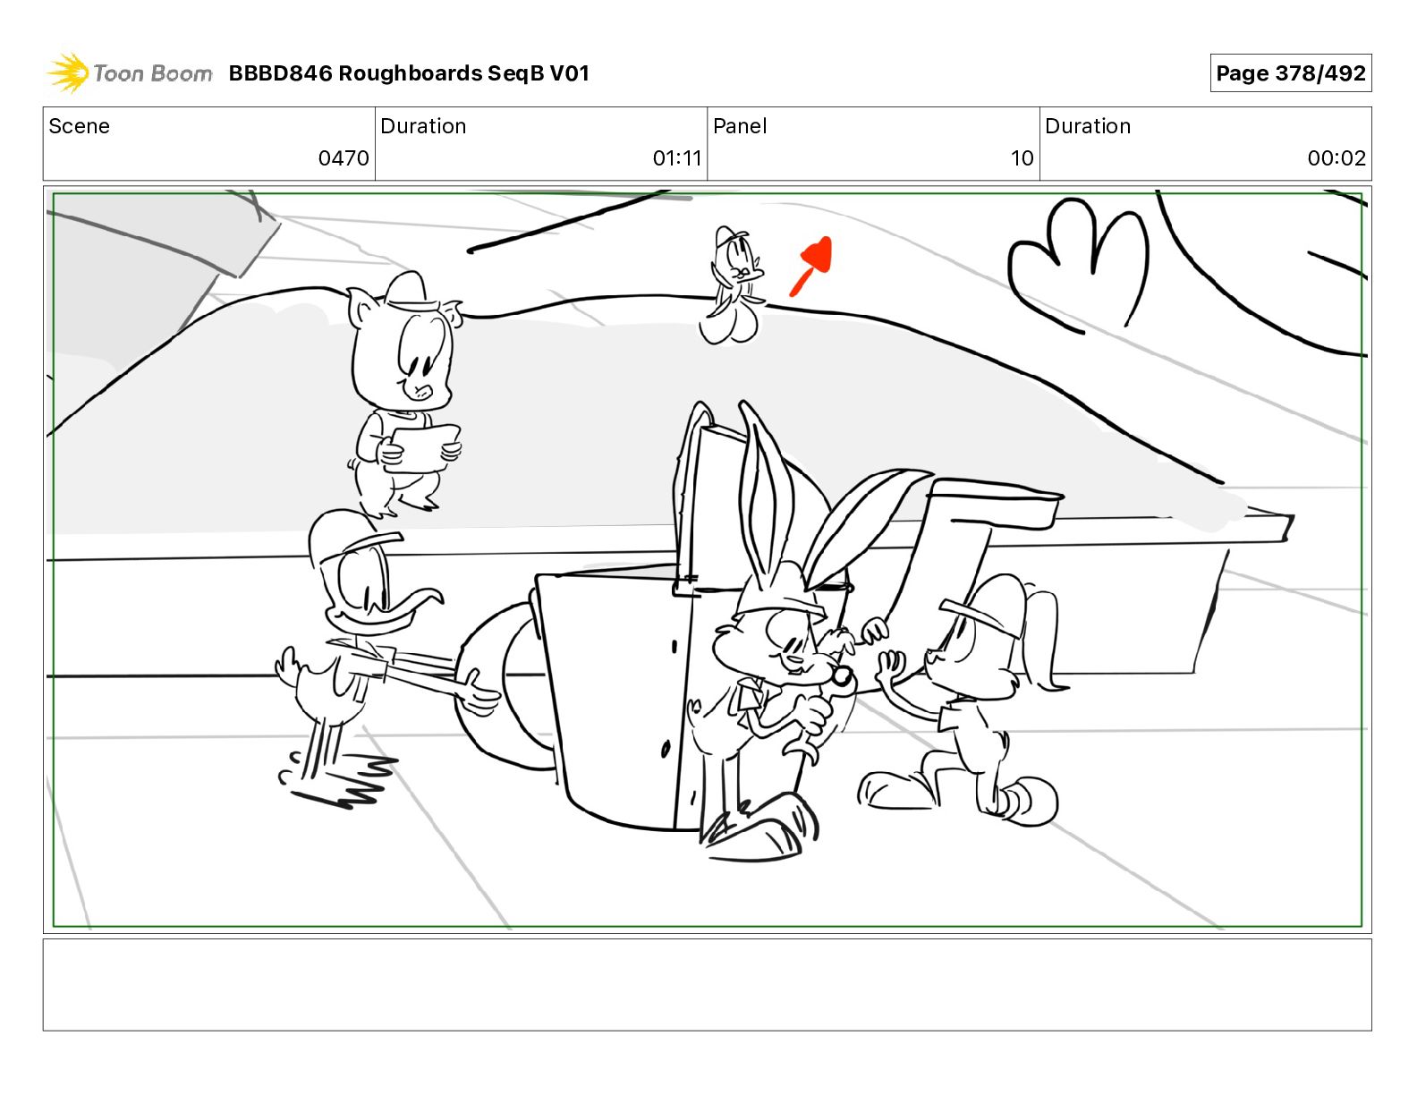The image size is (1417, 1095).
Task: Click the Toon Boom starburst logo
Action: tap(68, 72)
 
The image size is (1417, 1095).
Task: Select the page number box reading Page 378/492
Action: tap(1291, 73)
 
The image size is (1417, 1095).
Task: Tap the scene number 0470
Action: tap(343, 157)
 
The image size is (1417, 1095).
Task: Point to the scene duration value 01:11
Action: tap(677, 157)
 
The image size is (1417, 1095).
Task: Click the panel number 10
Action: tap(1022, 157)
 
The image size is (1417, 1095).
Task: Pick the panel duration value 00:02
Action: tap(1336, 157)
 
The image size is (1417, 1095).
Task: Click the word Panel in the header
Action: tap(740, 126)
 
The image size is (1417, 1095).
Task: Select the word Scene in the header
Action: tap(79, 126)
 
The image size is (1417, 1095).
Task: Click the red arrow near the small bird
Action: tap(812, 266)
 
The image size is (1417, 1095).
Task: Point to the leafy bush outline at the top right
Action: tap(1079, 264)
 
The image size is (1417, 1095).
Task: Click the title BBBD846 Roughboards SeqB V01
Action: tap(409, 73)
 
